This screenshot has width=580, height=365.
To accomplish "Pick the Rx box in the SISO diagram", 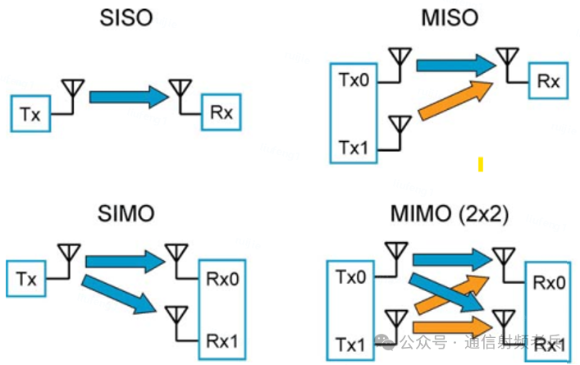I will [221, 113].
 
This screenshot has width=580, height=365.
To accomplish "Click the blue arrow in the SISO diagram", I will [128, 97].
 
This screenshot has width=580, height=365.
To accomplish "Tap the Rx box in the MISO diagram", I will [547, 81].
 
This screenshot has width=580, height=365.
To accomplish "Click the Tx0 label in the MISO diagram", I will [354, 80].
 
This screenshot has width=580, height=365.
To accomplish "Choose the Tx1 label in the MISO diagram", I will [354, 148].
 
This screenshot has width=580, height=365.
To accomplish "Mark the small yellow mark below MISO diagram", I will [481, 165].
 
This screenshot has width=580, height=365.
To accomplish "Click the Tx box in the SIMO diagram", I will [26, 278].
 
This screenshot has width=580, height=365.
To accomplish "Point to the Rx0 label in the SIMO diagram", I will [222, 279].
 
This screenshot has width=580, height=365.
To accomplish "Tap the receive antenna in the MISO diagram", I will [507, 61].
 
